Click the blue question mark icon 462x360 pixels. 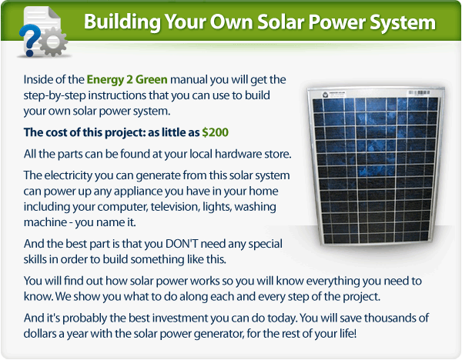click(x=28, y=40)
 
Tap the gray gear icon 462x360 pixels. click(x=53, y=42)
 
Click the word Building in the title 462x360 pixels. click(x=122, y=22)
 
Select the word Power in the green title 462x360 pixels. click(x=336, y=22)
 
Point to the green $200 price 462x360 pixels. click(x=215, y=132)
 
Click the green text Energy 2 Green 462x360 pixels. click(x=127, y=80)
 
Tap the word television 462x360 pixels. click(x=175, y=207)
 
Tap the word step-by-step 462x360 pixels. click(x=55, y=96)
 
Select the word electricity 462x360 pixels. click(x=69, y=175)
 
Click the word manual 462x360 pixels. click(x=189, y=80)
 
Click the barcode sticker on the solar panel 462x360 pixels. click(x=419, y=93)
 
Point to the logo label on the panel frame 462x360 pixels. click(x=333, y=94)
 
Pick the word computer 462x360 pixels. click(x=122, y=207)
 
